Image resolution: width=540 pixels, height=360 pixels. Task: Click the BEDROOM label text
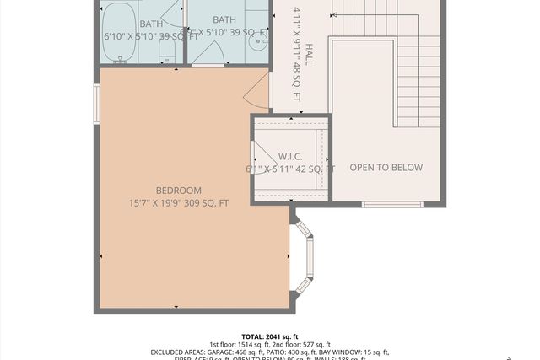point(178,191)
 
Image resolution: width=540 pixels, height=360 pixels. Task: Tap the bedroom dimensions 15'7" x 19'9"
point(178,203)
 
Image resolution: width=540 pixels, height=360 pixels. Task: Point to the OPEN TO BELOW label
point(386,168)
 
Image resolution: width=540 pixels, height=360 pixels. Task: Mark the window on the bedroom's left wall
point(97,105)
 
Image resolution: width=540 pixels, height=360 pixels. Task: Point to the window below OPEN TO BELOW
point(391,204)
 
